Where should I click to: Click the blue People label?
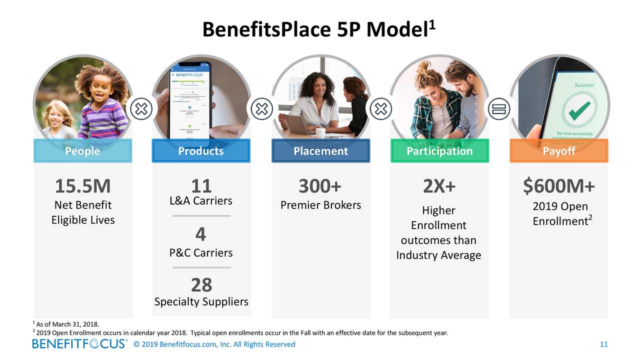point(82,151)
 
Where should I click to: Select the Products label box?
point(201,151)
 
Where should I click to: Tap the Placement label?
point(320,151)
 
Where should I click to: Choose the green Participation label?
point(439,151)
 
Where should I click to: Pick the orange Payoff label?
point(558,151)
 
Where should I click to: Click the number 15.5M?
point(82,186)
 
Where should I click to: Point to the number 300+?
point(320,186)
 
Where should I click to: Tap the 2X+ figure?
point(439,186)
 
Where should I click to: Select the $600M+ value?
point(559,186)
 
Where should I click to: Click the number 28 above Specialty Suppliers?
point(201,285)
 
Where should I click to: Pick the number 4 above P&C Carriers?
point(201,234)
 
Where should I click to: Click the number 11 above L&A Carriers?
point(201,186)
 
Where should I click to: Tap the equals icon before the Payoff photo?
point(499,108)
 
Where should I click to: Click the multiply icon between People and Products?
point(142,108)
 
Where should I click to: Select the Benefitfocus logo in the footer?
point(80,344)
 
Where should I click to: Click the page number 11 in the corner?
point(603,344)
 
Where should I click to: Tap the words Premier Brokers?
point(320,205)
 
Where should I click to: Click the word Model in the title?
point(396,30)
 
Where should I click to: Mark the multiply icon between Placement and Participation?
point(380,108)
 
